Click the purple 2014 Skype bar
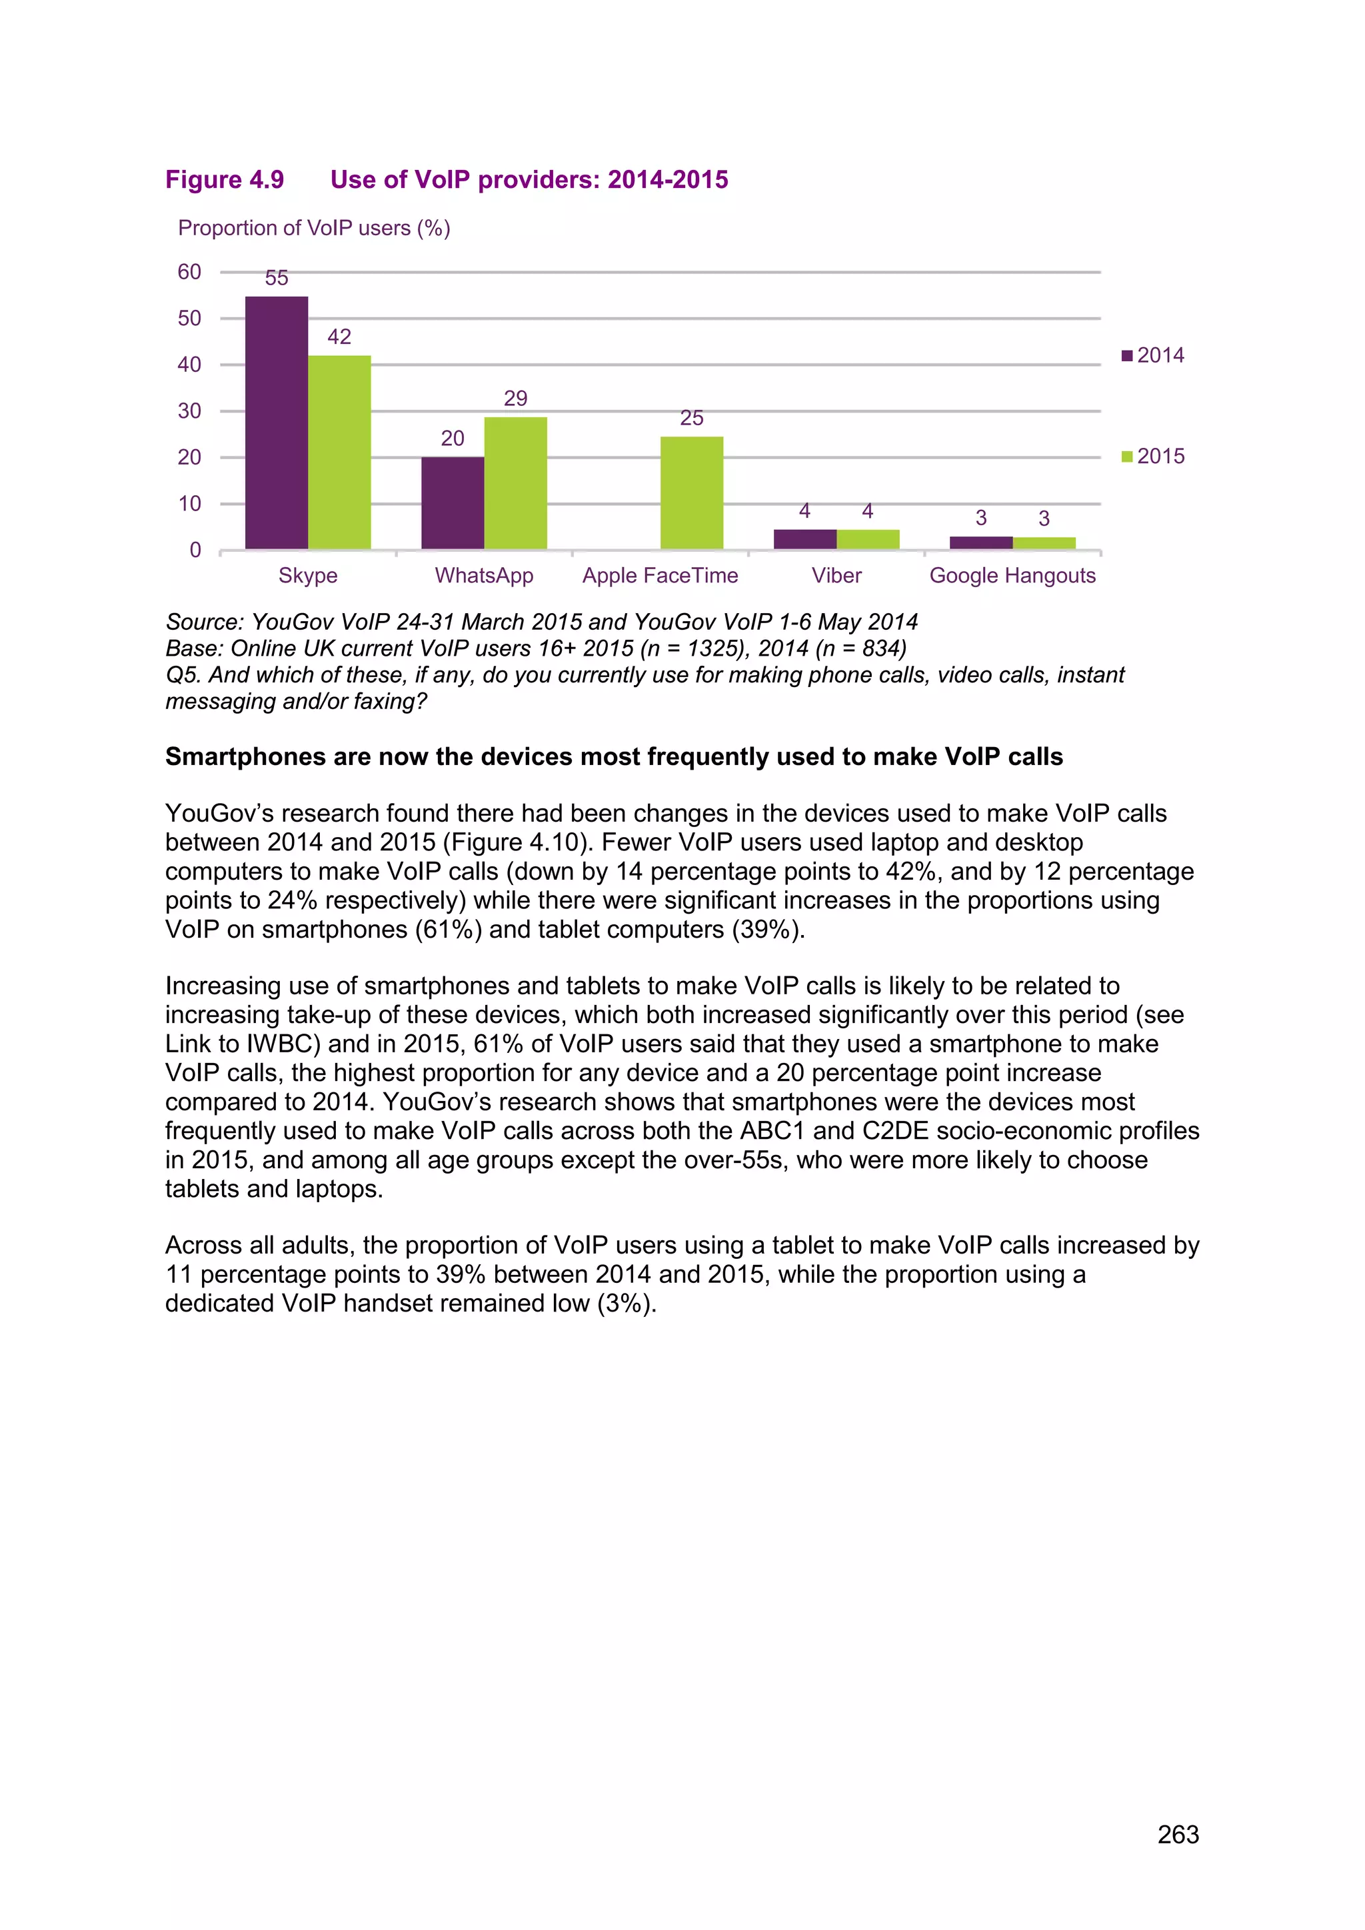tap(277, 423)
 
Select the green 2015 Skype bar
tap(339, 453)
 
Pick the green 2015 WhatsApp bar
tap(515, 483)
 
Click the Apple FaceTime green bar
tap(692, 492)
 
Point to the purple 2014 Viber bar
tap(804, 540)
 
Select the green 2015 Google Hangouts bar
tap(1044, 543)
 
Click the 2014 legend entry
tap(1152, 356)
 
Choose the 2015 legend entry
tap(1152, 457)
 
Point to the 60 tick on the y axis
tap(189, 271)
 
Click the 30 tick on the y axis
tap(189, 411)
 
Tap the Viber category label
tap(836, 576)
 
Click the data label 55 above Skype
tap(277, 278)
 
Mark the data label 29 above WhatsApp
tap(515, 399)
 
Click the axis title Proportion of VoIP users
tap(313, 229)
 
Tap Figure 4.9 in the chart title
tap(225, 180)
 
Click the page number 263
tap(1178, 1834)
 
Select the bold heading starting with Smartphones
tap(614, 756)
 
